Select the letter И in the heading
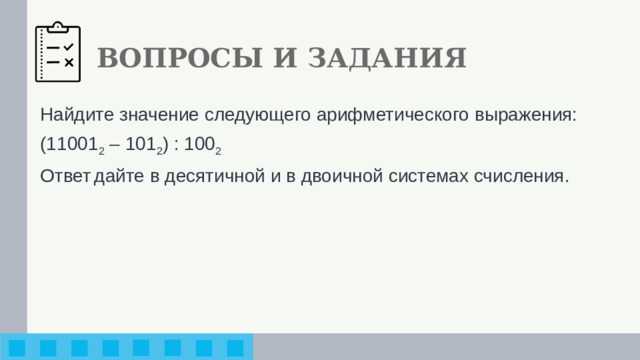coord(285,58)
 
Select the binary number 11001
coord(69,145)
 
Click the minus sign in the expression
coord(111,145)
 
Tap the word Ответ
coord(64,176)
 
